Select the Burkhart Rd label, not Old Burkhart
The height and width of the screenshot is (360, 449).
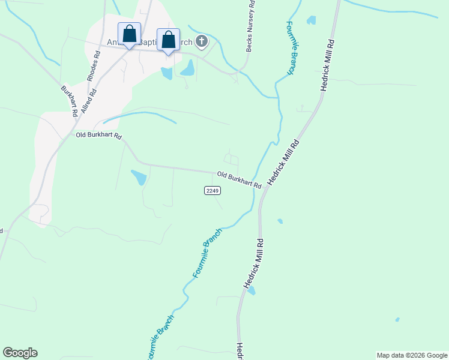[x=69, y=100]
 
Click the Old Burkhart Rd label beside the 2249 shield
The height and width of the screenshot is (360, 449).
[x=239, y=179]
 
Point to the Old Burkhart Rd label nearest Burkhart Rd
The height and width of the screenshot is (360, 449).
[x=98, y=136]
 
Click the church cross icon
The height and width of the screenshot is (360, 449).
[x=202, y=41]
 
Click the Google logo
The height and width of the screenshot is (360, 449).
[x=20, y=353]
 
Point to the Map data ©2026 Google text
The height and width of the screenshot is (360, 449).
[x=412, y=355]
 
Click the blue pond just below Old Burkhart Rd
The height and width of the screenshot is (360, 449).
[x=138, y=178]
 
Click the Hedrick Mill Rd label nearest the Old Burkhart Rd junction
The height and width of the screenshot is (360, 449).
[x=283, y=162]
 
